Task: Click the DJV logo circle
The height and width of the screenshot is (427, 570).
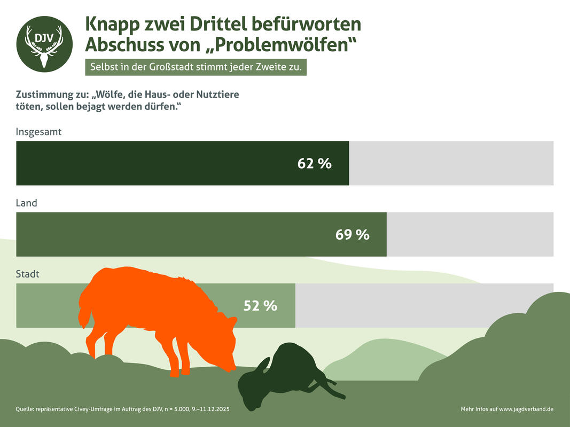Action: [44, 44]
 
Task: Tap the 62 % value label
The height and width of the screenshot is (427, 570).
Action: [314, 163]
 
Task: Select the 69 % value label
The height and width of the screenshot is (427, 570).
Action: [352, 234]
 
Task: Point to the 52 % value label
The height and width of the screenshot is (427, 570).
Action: [260, 306]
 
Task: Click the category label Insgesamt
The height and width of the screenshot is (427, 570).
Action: [38, 132]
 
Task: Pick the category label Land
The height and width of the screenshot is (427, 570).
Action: [27, 203]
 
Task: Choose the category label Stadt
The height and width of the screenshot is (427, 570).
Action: [28, 274]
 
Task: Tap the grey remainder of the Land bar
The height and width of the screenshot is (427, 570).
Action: [470, 234]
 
